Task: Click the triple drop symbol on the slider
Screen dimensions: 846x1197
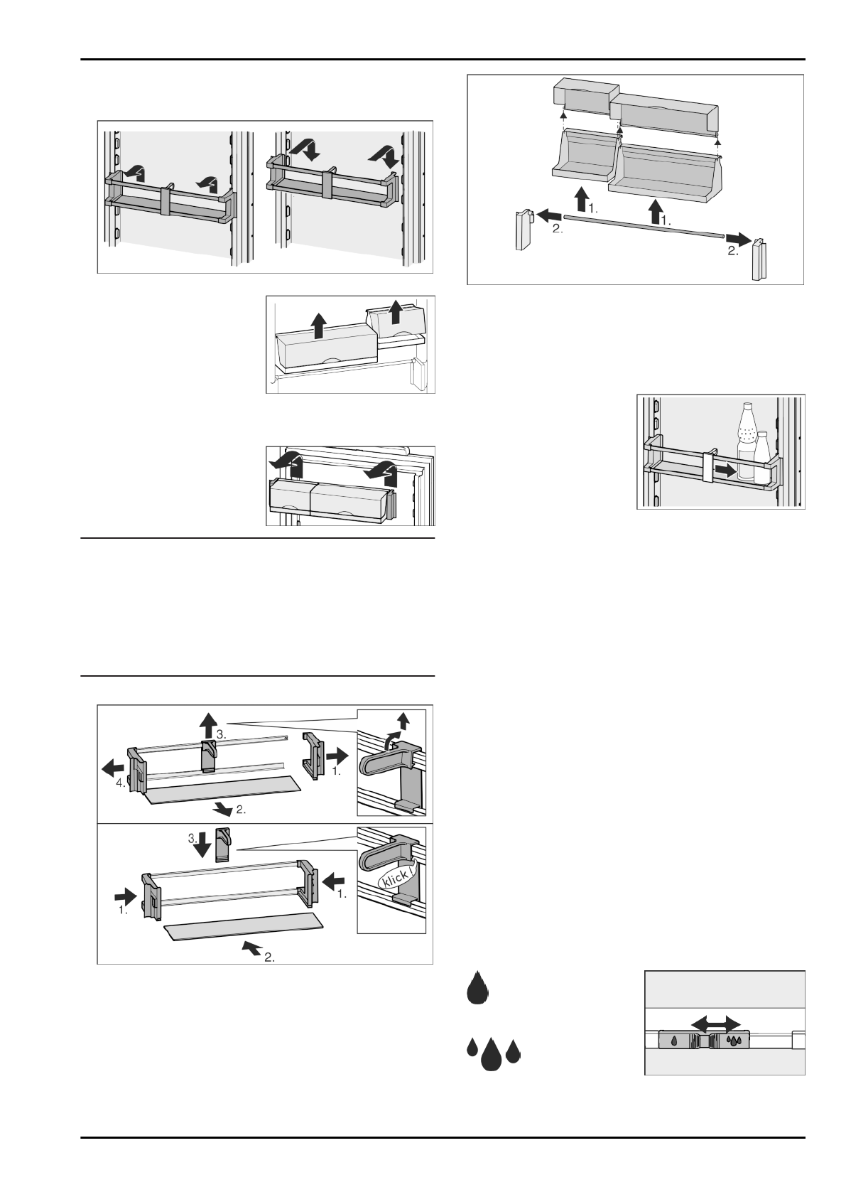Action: click(x=734, y=1041)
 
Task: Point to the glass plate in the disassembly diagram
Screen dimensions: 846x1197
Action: click(x=222, y=787)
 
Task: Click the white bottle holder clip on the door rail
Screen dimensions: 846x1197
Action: click(x=709, y=469)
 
